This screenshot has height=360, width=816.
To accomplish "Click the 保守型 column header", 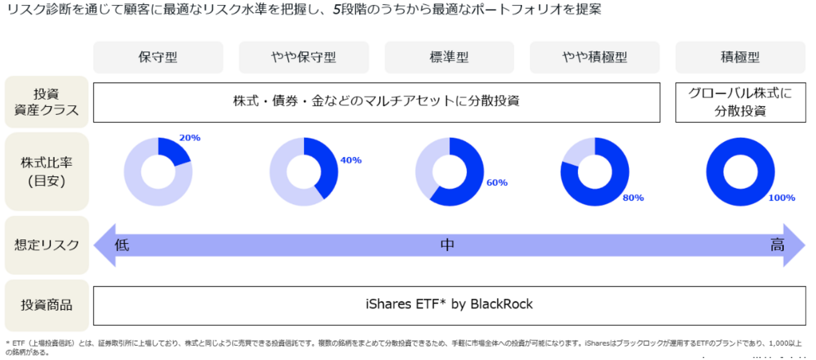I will click(x=158, y=57).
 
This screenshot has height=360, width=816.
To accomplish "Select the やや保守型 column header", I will click(x=303, y=57).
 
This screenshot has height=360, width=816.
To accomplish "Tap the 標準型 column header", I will click(x=449, y=57).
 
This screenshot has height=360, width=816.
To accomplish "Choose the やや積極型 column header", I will click(x=594, y=57).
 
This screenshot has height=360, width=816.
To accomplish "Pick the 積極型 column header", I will click(x=740, y=57).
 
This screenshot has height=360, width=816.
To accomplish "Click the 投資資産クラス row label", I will click(x=46, y=102).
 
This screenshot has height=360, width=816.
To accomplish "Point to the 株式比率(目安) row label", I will click(x=46, y=171).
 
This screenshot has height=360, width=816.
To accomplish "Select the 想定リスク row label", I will click(x=46, y=245).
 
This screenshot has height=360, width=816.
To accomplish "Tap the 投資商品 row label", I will click(x=46, y=305).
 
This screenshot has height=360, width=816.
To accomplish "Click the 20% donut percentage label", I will click(x=190, y=138).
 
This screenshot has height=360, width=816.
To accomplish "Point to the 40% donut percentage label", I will click(x=351, y=160).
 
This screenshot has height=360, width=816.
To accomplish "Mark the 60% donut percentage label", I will click(x=496, y=183).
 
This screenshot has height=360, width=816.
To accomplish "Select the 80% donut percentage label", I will click(x=633, y=198).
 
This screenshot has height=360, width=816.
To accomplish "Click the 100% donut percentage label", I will click(x=781, y=198).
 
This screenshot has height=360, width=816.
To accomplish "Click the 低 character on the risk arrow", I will click(x=122, y=245).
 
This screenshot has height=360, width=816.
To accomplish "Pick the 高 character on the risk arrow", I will click(x=777, y=245).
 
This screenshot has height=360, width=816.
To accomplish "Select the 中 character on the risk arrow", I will click(x=447, y=245).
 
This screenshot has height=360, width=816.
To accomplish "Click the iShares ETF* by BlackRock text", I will click(x=449, y=305).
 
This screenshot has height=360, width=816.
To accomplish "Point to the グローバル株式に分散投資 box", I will click(x=740, y=102).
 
